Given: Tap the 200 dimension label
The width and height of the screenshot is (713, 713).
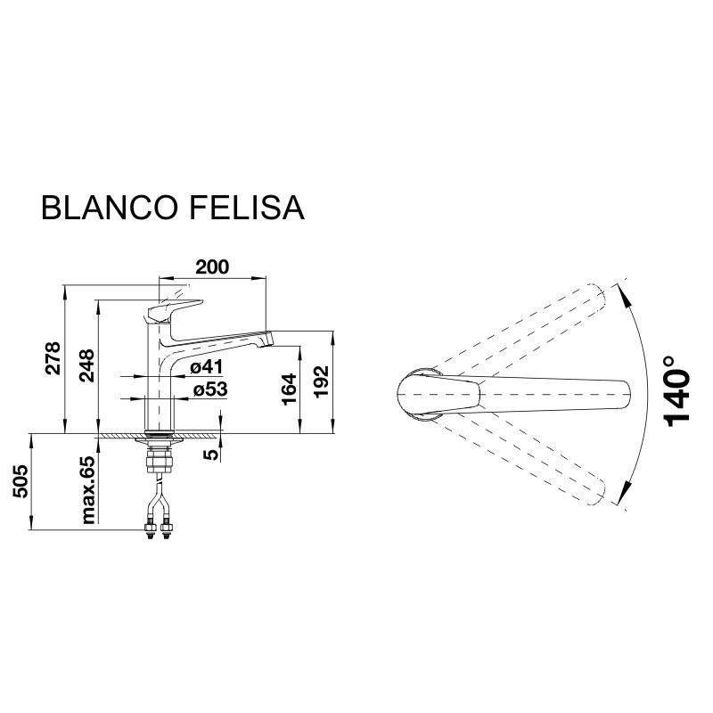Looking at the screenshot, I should (x=212, y=266).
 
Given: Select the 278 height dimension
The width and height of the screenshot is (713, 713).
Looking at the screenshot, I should (x=53, y=359).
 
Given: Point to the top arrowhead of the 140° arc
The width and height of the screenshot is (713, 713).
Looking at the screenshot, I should (x=624, y=291).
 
